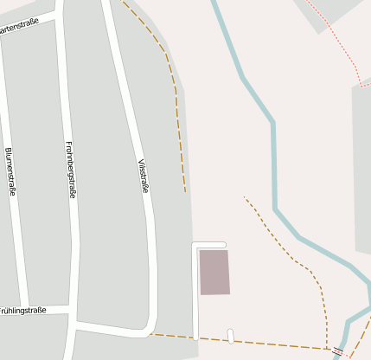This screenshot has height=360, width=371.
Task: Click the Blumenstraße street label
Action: [x=10, y=171]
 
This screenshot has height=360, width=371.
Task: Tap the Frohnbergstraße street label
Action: [x=71, y=170]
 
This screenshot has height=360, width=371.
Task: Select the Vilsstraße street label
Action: [x=144, y=176]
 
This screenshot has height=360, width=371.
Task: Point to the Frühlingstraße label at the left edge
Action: [x=22, y=310]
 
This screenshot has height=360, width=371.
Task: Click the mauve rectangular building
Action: [x=214, y=272]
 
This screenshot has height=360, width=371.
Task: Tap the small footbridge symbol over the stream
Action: [x=337, y=350]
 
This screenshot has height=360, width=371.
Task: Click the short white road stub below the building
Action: [x=231, y=335]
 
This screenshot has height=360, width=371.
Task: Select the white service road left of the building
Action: [x=195, y=294]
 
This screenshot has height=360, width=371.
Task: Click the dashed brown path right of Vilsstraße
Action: [x=177, y=104]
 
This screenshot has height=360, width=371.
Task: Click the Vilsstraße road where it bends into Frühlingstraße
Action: [x=149, y=325]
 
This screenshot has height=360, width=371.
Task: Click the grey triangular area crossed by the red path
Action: [x=333, y=13]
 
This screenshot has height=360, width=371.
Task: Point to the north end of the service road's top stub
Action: [x=223, y=244]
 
